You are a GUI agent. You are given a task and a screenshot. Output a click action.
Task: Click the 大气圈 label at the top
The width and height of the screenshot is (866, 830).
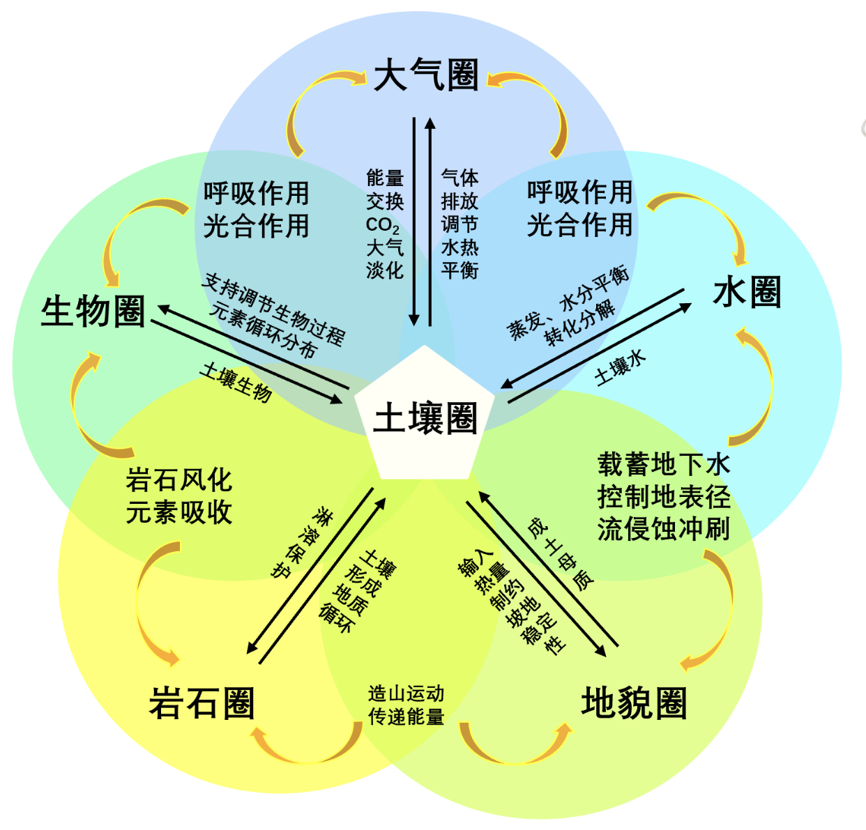pyautogui.click(x=426, y=76)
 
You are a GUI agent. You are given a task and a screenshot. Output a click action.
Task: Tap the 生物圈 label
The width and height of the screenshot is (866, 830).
pyautogui.click(x=93, y=311)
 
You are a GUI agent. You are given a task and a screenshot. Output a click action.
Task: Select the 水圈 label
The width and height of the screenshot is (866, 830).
pyautogui.click(x=747, y=292)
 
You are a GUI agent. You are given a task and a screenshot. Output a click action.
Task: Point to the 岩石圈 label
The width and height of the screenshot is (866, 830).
pyautogui.click(x=202, y=702)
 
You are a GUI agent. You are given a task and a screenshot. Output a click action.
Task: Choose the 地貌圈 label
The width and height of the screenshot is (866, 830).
pyautogui.click(x=634, y=702)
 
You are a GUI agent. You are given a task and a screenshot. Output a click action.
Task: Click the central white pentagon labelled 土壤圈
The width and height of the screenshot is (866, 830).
pyautogui.click(x=425, y=418)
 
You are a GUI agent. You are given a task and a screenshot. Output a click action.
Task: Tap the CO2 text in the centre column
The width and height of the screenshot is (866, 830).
pyautogui.click(x=383, y=225)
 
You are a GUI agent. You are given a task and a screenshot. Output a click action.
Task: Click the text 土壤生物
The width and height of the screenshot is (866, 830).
pyautogui.click(x=236, y=382)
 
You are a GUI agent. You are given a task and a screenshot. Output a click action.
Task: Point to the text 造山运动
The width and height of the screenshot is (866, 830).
pyautogui.click(x=406, y=693)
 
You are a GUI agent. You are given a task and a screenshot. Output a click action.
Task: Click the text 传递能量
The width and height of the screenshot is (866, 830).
pyautogui.click(x=406, y=716)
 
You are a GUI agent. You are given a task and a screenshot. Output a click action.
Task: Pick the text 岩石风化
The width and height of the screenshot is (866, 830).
pyautogui.click(x=178, y=479)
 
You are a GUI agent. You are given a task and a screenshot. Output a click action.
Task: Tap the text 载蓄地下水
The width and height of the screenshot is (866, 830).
pyautogui.click(x=663, y=464)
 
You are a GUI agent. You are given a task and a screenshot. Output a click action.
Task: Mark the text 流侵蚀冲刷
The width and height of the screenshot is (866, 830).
pyautogui.click(x=663, y=529)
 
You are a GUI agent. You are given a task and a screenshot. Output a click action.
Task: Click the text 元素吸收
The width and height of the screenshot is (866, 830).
pyautogui.click(x=178, y=512)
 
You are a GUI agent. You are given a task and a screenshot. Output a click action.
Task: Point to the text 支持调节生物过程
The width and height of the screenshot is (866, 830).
pyautogui.click(x=274, y=309)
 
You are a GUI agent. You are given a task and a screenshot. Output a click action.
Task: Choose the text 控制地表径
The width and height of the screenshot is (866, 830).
pyautogui.click(x=663, y=497)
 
